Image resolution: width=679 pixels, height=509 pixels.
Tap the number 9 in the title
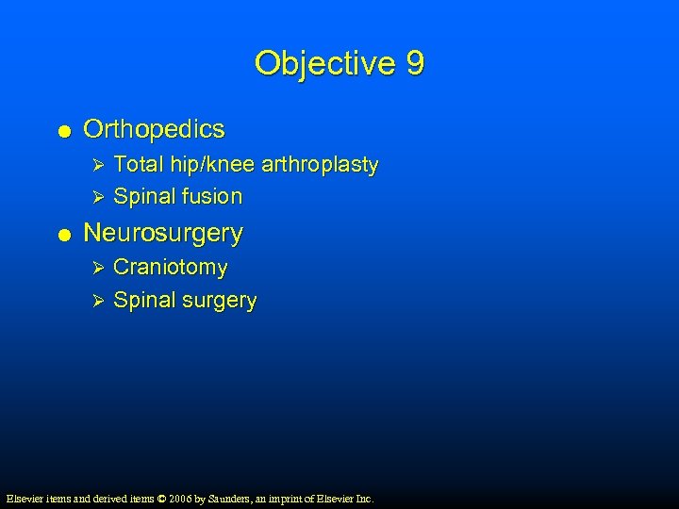coord(415,64)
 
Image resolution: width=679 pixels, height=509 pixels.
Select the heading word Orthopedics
coord(155,128)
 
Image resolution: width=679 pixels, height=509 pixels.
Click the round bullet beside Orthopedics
coord(61,130)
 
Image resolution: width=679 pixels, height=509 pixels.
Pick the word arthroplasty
coord(321,165)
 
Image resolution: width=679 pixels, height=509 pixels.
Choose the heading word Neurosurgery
coord(163,232)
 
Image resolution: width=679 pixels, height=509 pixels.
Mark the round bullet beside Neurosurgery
coord(61,234)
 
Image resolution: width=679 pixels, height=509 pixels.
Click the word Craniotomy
coord(171,268)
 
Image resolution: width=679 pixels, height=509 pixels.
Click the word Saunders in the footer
coord(222,498)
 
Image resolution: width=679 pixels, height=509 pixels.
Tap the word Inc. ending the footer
coord(363,498)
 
